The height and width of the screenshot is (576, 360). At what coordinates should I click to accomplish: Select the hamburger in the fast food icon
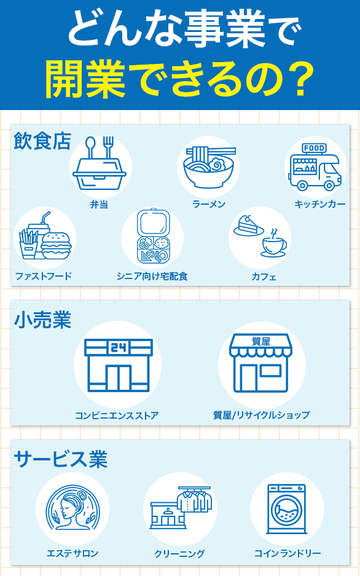56,246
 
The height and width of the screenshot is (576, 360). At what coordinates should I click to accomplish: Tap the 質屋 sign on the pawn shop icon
261,341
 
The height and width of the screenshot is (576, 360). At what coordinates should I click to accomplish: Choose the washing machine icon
287,509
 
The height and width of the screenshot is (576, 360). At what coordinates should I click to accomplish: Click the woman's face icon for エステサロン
72,508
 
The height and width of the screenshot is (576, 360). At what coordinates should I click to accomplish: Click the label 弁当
99,204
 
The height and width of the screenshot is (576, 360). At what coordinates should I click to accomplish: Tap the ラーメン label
209,204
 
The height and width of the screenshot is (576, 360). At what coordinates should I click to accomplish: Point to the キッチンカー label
320,204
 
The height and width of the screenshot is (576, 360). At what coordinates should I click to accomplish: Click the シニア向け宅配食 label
152,276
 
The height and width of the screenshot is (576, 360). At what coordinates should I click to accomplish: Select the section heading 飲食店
42,141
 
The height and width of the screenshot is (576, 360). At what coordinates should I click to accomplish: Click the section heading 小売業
42,320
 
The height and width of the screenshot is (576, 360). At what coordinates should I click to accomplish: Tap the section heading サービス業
61,459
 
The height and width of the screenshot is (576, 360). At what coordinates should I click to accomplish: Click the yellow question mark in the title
295,78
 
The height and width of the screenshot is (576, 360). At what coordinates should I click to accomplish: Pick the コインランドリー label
288,553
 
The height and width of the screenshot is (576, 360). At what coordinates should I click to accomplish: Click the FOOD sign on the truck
314,148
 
